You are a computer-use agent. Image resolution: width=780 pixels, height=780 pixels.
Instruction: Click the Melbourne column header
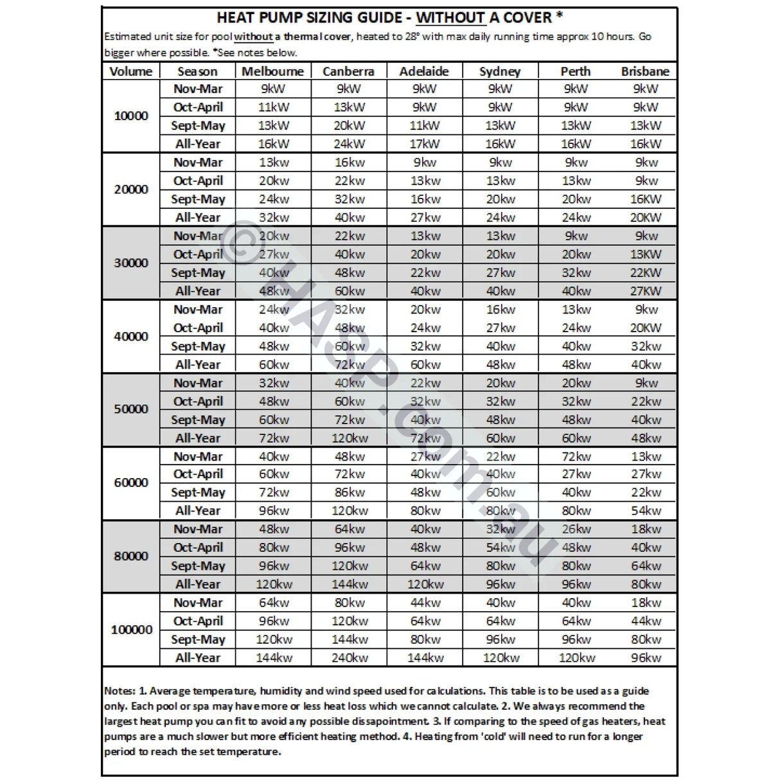272,71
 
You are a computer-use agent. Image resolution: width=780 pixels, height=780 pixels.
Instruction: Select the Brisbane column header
644,71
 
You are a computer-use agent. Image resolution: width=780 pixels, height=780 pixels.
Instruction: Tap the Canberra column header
348,71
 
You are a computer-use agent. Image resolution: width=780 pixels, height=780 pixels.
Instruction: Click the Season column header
197,71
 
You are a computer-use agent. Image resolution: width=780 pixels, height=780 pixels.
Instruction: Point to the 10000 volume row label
131,116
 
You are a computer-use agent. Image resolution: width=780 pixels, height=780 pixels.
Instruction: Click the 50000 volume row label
131,409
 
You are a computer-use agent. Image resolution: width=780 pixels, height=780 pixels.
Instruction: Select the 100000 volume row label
131,630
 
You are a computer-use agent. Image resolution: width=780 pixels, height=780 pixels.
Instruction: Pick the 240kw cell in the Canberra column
350,658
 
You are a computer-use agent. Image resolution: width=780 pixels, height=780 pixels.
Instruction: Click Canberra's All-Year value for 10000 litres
349,144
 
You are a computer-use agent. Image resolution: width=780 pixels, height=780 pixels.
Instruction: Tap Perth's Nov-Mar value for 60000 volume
576,457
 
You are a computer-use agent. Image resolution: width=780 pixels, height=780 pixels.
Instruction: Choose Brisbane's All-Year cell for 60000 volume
646,511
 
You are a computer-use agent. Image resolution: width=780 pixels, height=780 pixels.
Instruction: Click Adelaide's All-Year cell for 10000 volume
425,144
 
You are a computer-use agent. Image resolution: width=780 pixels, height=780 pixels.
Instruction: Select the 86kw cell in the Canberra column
350,493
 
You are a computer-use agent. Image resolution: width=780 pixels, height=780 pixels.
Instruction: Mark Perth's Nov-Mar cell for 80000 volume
576,529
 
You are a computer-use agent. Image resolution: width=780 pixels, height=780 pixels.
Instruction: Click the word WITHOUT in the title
450,18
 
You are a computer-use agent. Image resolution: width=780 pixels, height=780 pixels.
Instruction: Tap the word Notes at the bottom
120,691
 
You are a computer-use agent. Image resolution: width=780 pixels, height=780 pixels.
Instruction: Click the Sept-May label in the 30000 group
198,273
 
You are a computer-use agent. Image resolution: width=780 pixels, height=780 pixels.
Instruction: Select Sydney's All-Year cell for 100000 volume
501,658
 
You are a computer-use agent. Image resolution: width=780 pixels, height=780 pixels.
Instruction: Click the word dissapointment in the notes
378,722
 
